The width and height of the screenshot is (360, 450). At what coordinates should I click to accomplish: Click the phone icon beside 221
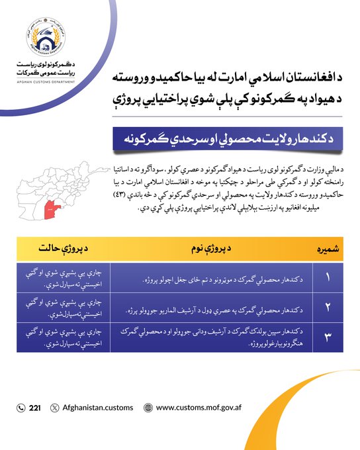click(x=21, y=408)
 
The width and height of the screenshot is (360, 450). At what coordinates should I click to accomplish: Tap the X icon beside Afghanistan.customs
click(x=54, y=408)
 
